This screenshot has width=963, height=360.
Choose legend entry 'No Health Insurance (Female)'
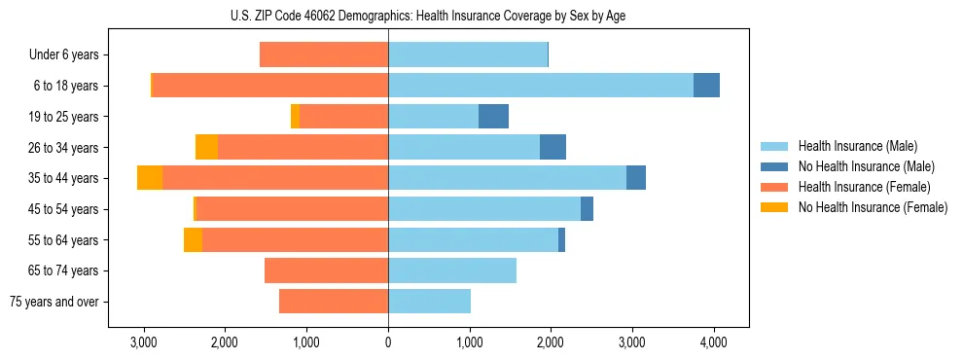pos(873,207)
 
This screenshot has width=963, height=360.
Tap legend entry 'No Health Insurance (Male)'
pos(866,167)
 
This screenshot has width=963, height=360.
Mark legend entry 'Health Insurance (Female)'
pos(864,187)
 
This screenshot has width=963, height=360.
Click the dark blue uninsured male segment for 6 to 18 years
pos(706,86)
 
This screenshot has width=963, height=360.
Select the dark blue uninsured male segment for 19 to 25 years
pos(493,117)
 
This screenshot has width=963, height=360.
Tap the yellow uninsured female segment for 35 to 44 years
pos(150,178)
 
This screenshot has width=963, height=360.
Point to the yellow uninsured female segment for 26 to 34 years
pos(206,147)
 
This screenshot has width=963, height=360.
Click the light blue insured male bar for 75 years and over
pos(429,302)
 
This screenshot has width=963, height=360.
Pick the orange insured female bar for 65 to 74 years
pos(326,270)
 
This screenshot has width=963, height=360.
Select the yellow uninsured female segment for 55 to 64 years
pos(193,239)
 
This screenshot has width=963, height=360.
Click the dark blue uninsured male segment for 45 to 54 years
pos(587,209)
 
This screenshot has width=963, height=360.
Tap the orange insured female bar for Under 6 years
pos(324,55)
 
